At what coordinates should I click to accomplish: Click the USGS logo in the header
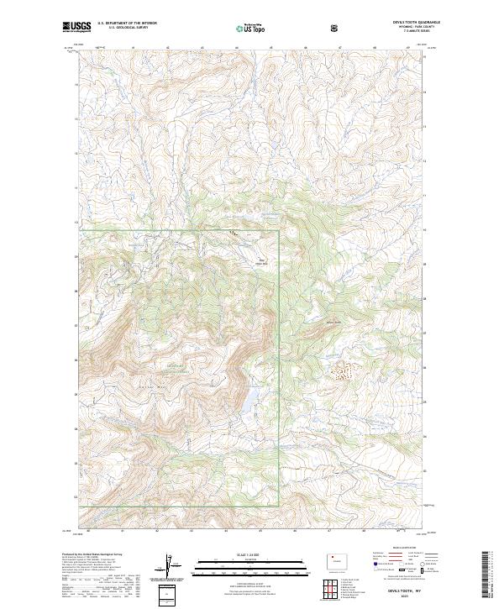(77, 27)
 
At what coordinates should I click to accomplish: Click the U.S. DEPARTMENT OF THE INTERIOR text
(127, 24)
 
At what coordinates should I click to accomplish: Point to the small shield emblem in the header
(336, 28)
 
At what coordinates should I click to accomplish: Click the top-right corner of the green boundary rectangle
(279, 230)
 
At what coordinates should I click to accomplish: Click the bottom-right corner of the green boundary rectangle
(279, 506)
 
